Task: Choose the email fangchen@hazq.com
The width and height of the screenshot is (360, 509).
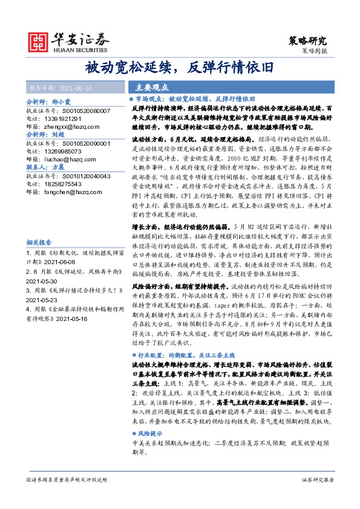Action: (x=70, y=191)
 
